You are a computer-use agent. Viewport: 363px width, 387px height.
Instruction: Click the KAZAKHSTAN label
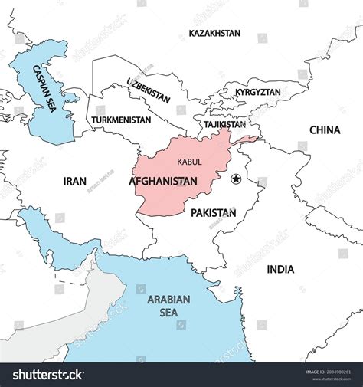pyautogui.click(x=214, y=34)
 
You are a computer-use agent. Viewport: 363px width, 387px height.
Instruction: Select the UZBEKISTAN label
pyautogui.click(x=149, y=90)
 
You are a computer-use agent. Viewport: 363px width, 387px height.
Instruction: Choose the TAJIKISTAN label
pyautogui.click(x=224, y=124)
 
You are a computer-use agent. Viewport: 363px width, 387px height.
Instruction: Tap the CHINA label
pyautogui.click(x=324, y=130)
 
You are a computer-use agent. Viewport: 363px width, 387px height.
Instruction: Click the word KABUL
pyautogui.click(x=189, y=162)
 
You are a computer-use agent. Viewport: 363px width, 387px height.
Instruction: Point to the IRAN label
pyautogui.click(x=74, y=182)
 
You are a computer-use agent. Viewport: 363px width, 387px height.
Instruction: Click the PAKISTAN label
pyautogui.click(x=214, y=212)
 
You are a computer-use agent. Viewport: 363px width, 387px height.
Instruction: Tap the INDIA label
pyautogui.click(x=280, y=269)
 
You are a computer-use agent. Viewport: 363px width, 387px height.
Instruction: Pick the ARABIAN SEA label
pyautogui.click(x=169, y=306)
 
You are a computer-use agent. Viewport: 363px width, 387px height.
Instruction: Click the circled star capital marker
pyautogui.click(x=235, y=179)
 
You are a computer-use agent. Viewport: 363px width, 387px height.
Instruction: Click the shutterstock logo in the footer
pyautogui.click(x=44, y=375)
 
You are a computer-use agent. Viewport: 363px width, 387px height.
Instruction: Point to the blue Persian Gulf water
pyautogui.click(x=54, y=238)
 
